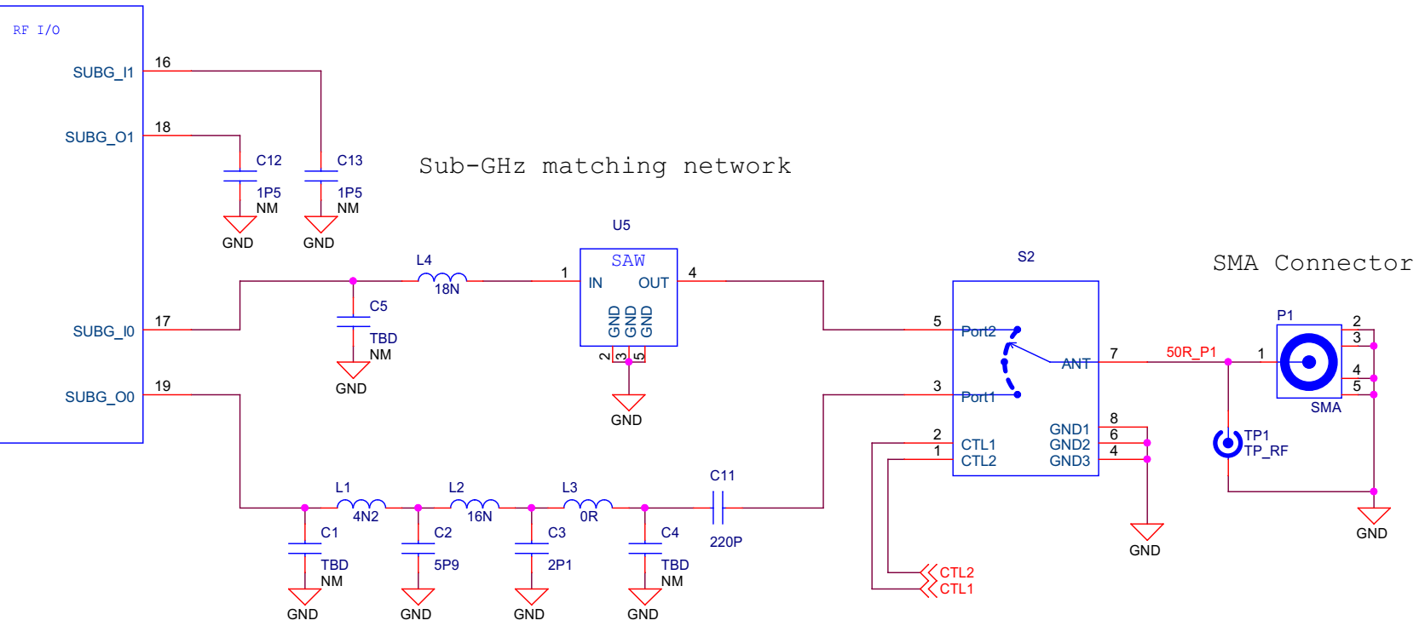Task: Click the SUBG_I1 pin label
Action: pos(103,72)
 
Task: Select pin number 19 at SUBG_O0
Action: pos(163,386)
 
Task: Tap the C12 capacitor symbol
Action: pos(239,175)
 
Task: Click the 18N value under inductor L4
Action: pos(447,290)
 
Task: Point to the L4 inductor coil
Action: pos(442,278)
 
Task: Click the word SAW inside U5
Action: pos(628,261)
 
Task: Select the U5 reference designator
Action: pos(621,225)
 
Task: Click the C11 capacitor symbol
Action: pos(718,508)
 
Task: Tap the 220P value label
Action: pos(726,542)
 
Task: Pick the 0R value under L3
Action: pos(589,516)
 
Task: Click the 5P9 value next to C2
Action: pos(447,565)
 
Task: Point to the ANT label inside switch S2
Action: pos(1076,364)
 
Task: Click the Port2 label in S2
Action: pos(978,331)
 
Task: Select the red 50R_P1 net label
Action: pos(1191,352)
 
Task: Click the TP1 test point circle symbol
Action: pos(1227,443)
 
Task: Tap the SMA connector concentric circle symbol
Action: pos(1308,362)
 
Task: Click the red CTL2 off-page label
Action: pos(956,572)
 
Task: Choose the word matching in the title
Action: pos(604,165)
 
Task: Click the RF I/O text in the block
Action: pos(37,30)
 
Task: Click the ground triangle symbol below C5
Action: pos(353,370)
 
